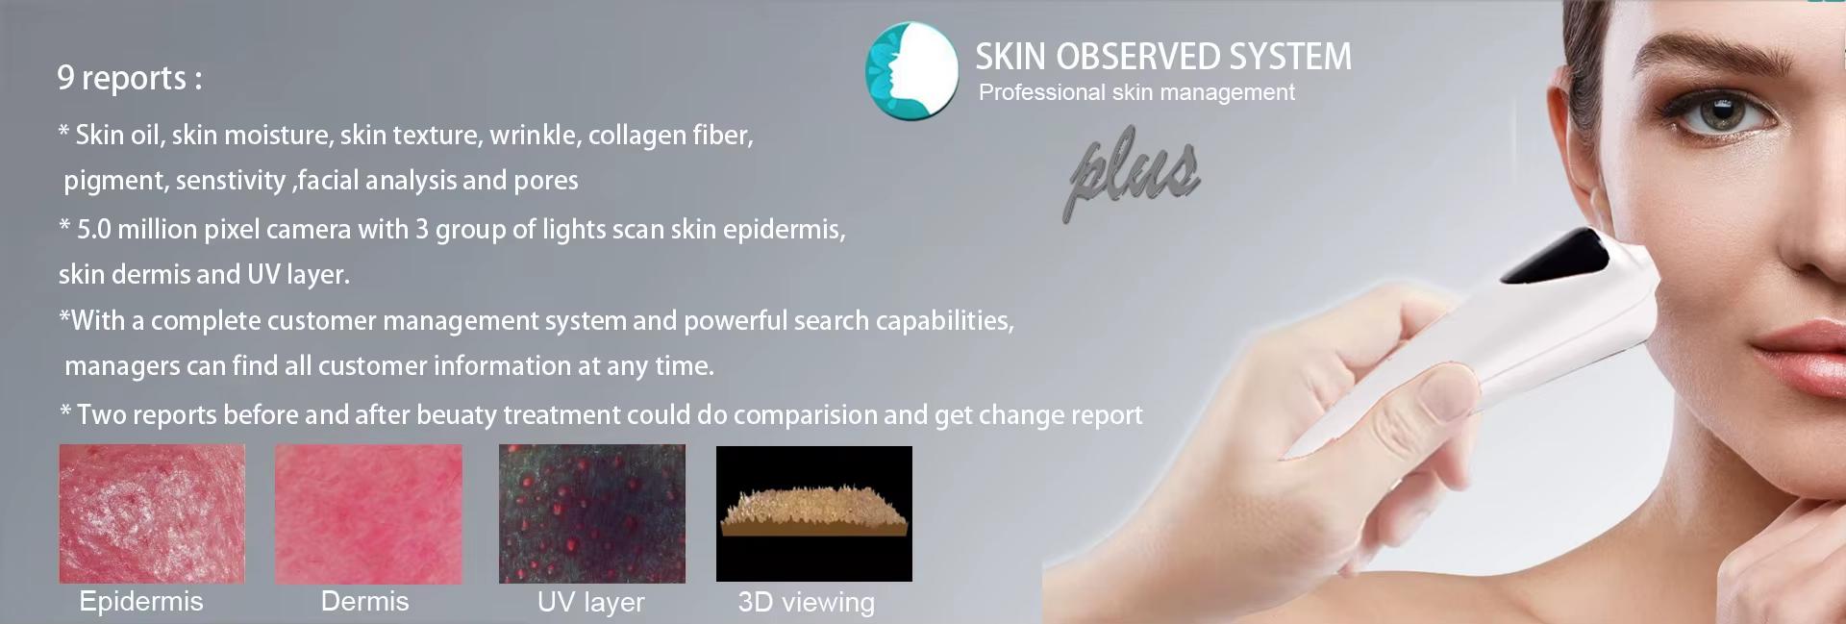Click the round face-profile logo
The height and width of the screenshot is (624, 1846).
911,71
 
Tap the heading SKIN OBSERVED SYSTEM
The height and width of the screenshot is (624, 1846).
1163,57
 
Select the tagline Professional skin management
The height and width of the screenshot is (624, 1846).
1136,92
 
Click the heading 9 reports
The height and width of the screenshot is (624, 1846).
129,78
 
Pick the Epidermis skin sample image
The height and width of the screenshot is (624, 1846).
152,513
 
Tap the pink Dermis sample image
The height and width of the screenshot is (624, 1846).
368,513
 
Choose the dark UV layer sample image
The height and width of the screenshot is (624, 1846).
592,513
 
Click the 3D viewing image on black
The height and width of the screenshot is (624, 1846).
814,513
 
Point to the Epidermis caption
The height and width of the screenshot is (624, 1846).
141,602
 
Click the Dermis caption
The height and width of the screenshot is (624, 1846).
364,602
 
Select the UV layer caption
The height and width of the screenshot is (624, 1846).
590,603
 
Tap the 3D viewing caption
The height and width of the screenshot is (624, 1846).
806,603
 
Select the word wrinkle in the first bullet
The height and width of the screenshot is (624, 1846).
535,135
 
